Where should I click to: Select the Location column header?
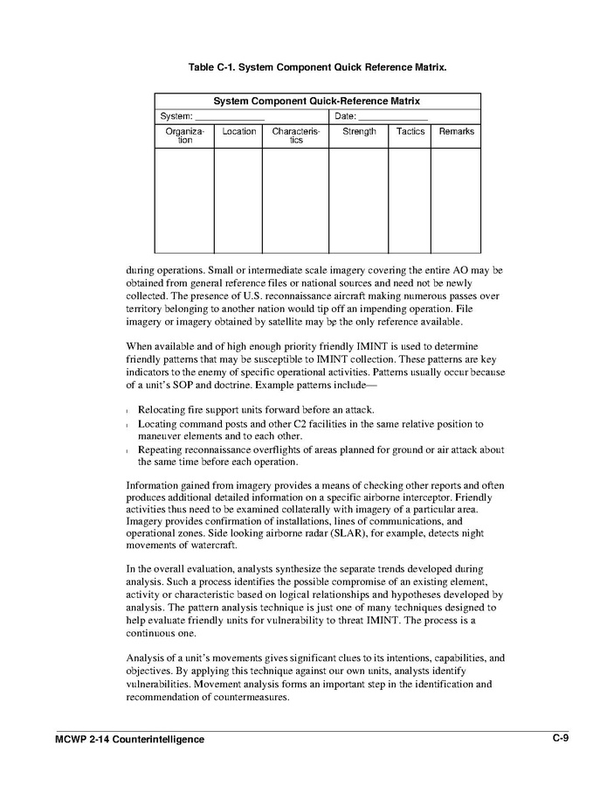238,132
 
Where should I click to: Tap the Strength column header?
359,132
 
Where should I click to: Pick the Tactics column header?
410,132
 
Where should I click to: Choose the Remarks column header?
456,132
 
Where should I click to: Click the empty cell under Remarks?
456,200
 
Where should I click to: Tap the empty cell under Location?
238,200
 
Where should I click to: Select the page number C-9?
560,739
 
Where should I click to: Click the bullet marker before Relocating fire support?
128,412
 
